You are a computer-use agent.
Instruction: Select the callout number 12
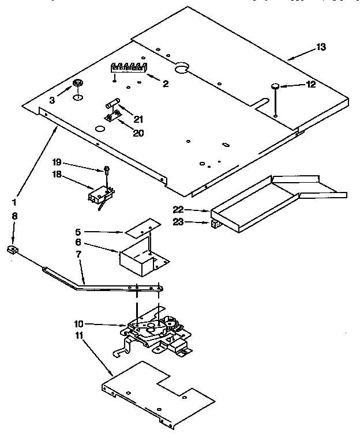(311, 84)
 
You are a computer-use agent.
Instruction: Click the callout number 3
(52, 100)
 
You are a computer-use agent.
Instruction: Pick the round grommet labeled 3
(77, 87)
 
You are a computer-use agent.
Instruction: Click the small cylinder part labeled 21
(112, 104)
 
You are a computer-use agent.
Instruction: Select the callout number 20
(138, 133)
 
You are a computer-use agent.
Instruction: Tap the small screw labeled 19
(107, 169)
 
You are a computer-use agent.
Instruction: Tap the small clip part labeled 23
(216, 222)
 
